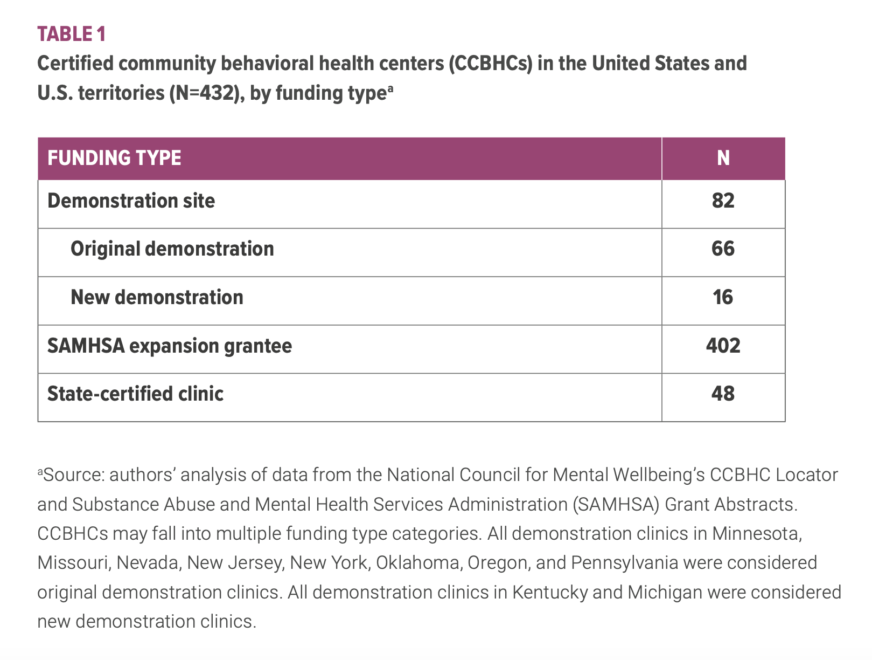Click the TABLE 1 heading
point(72,34)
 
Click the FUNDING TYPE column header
point(114,158)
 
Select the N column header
point(723,158)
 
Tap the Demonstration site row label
point(131,201)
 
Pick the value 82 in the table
point(723,201)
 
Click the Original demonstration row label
point(172,249)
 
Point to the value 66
point(723,249)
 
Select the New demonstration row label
point(157,297)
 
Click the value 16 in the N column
point(723,297)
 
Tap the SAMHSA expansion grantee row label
point(169,346)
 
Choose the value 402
point(723,346)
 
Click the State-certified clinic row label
point(135,394)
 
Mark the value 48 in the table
point(723,394)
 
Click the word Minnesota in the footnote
point(757,533)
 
